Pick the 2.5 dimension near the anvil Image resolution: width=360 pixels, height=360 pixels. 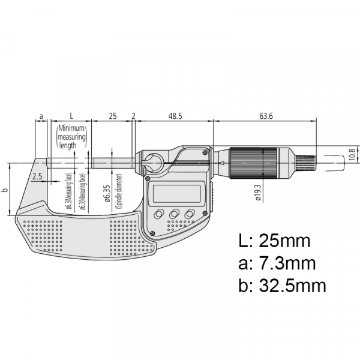pos(38,176)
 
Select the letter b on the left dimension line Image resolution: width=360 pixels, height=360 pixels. pos(5,190)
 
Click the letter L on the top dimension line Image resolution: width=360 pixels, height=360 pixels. pos(71,115)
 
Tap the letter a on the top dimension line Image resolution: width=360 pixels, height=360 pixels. pos(41,115)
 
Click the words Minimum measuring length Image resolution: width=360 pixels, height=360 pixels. pos(72,137)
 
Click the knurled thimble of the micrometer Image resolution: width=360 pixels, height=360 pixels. pos(247,161)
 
